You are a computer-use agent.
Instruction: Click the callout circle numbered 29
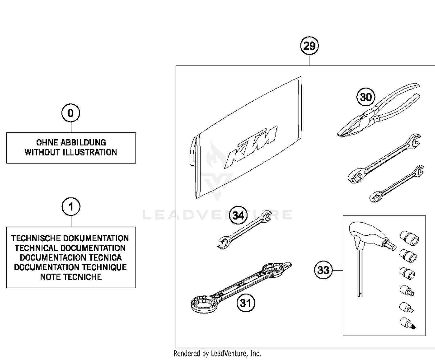point(309,46)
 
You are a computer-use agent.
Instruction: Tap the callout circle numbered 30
point(365,97)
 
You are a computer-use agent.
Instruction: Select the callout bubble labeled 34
point(238,216)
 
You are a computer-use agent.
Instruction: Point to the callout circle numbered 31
point(246,303)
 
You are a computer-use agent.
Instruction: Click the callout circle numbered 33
point(323,270)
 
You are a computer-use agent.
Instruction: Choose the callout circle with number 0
point(70,113)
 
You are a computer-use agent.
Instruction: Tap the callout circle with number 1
point(71,207)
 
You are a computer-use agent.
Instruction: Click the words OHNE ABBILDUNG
point(71,142)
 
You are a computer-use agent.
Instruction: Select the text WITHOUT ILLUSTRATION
point(71,152)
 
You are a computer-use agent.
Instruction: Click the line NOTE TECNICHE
point(71,277)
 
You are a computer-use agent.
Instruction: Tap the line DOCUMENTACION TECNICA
point(71,258)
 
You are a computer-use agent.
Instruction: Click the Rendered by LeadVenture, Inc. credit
point(217,354)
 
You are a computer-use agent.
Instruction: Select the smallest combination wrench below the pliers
point(397,184)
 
